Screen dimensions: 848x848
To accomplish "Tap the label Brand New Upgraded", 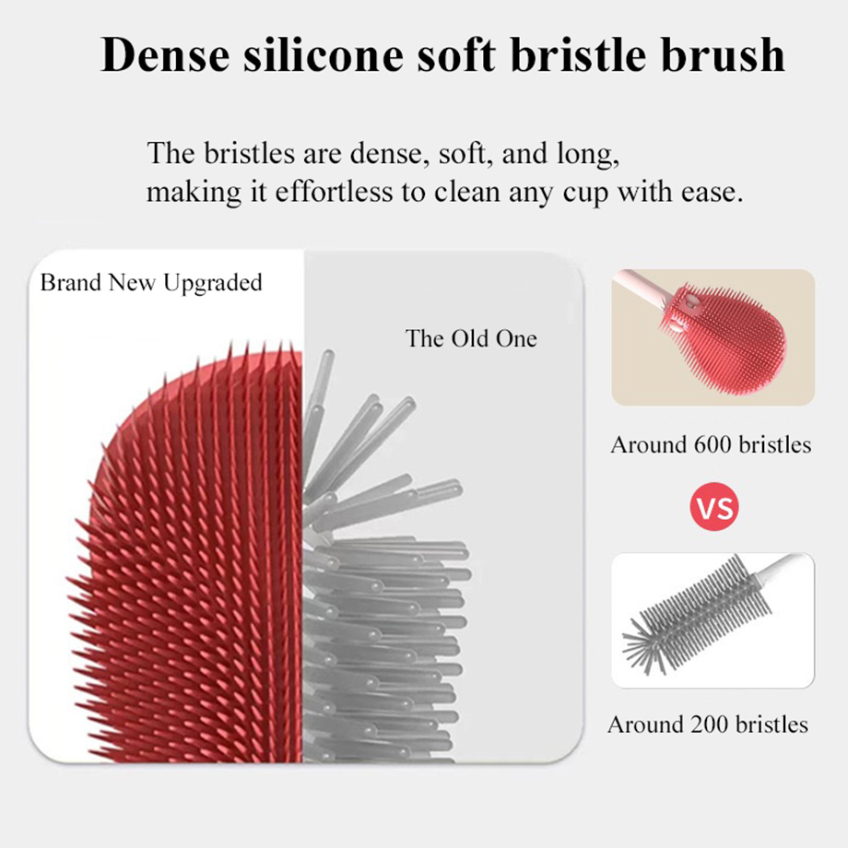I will [x=151, y=282].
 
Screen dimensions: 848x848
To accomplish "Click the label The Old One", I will [x=470, y=338].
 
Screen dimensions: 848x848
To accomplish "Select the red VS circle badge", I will [x=714, y=508].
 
